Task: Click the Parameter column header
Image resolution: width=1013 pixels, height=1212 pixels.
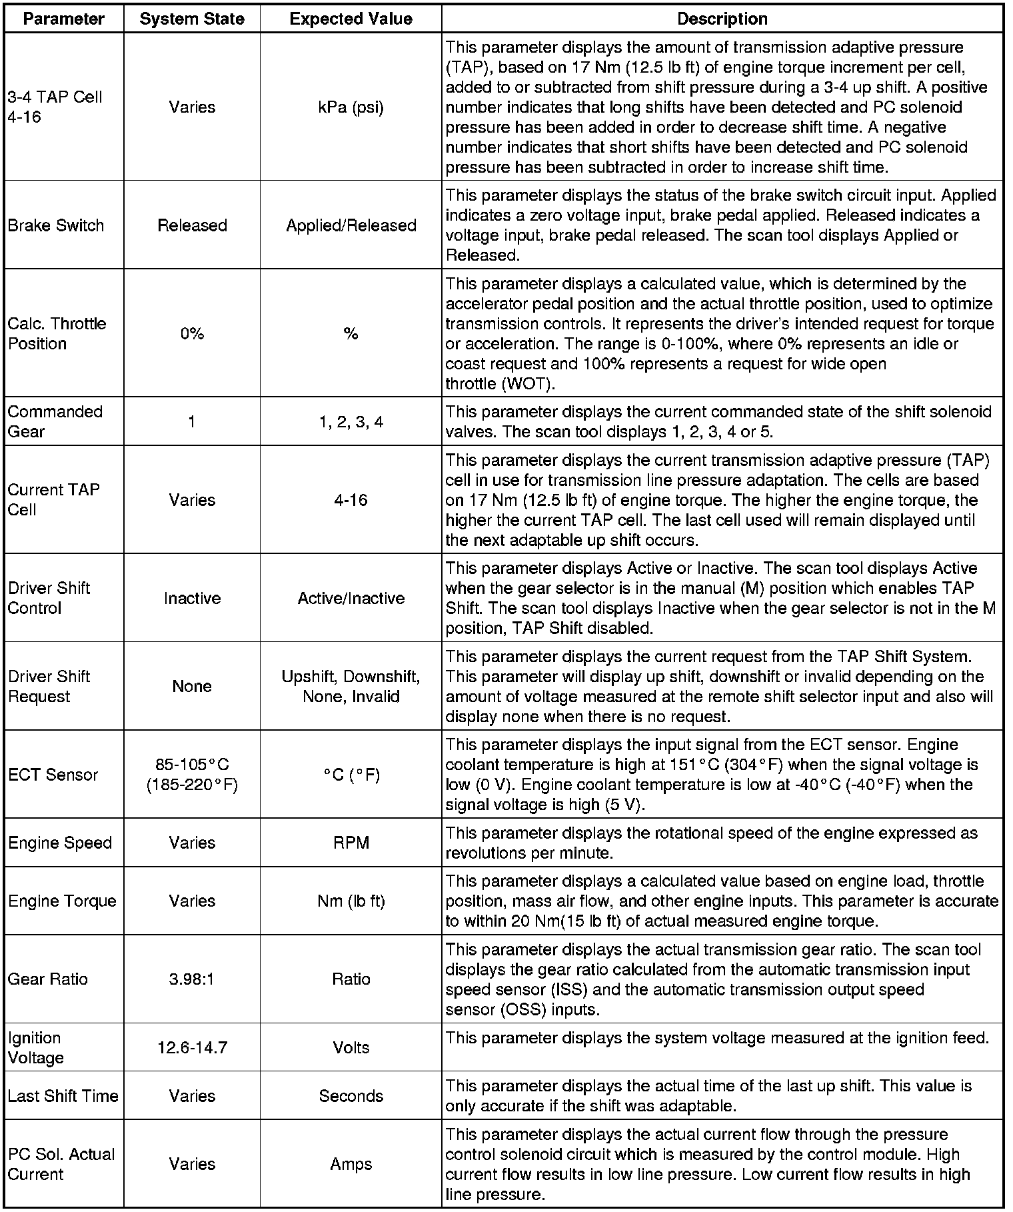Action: [x=63, y=19]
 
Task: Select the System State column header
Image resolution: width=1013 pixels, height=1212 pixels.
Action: [x=192, y=19]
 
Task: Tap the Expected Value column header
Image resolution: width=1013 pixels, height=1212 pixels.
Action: [x=351, y=19]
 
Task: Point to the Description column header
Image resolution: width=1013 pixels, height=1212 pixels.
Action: [x=722, y=19]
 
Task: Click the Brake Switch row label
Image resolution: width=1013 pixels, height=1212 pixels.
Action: [x=56, y=225]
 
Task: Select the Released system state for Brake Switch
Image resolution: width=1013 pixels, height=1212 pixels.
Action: [x=192, y=225]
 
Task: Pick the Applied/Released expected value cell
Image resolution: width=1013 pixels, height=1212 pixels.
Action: [x=351, y=225]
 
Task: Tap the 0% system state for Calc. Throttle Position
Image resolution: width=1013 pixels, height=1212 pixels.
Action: [x=192, y=333]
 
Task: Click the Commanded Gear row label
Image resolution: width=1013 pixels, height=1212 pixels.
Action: [x=55, y=421]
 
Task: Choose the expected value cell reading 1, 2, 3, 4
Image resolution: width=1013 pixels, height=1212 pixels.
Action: [x=351, y=422]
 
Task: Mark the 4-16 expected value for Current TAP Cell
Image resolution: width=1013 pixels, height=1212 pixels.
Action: [x=351, y=500]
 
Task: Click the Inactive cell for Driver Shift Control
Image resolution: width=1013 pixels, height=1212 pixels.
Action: [x=192, y=598]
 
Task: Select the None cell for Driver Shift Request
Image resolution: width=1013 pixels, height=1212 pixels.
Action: [x=192, y=686]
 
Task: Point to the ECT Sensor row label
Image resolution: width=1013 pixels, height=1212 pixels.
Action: [x=53, y=775]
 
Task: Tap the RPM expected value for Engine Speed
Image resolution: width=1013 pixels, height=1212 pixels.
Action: [x=351, y=843]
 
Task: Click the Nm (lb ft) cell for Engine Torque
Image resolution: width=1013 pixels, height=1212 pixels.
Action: [x=351, y=901]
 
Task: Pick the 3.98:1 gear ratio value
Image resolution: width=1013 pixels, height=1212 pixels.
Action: [x=192, y=979]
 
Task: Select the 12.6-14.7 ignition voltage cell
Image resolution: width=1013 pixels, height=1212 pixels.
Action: [x=192, y=1047]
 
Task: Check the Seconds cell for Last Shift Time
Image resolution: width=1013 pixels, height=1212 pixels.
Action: [x=351, y=1096]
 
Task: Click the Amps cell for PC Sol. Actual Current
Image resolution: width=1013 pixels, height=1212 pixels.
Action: [x=351, y=1164]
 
